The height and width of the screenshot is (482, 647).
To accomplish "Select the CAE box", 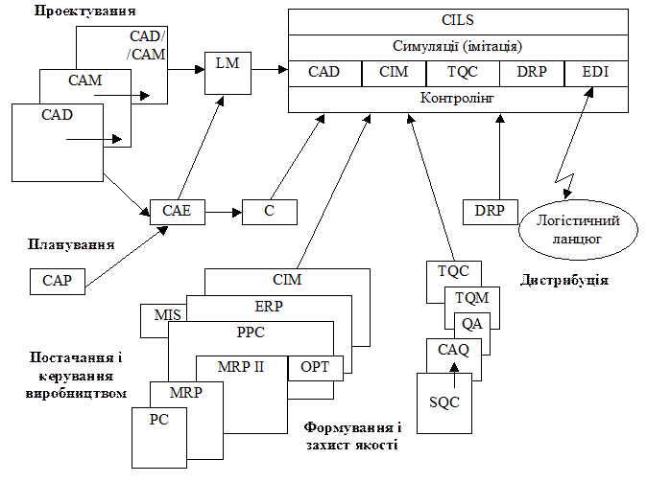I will (x=177, y=211).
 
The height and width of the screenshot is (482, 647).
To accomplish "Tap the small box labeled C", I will (x=270, y=211).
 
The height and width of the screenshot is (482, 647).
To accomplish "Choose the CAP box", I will (x=57, y=282).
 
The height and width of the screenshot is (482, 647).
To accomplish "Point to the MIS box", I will (x=161, y=314).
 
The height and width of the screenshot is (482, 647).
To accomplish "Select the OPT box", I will (x=315, y=367).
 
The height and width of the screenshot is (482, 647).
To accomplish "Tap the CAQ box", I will (x=453, y=351).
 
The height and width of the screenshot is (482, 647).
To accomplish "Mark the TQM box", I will (x=471, y=298).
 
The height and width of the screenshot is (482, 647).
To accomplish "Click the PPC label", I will (x=250, y=333).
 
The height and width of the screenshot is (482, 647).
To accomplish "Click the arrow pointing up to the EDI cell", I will (x=585, y=103).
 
